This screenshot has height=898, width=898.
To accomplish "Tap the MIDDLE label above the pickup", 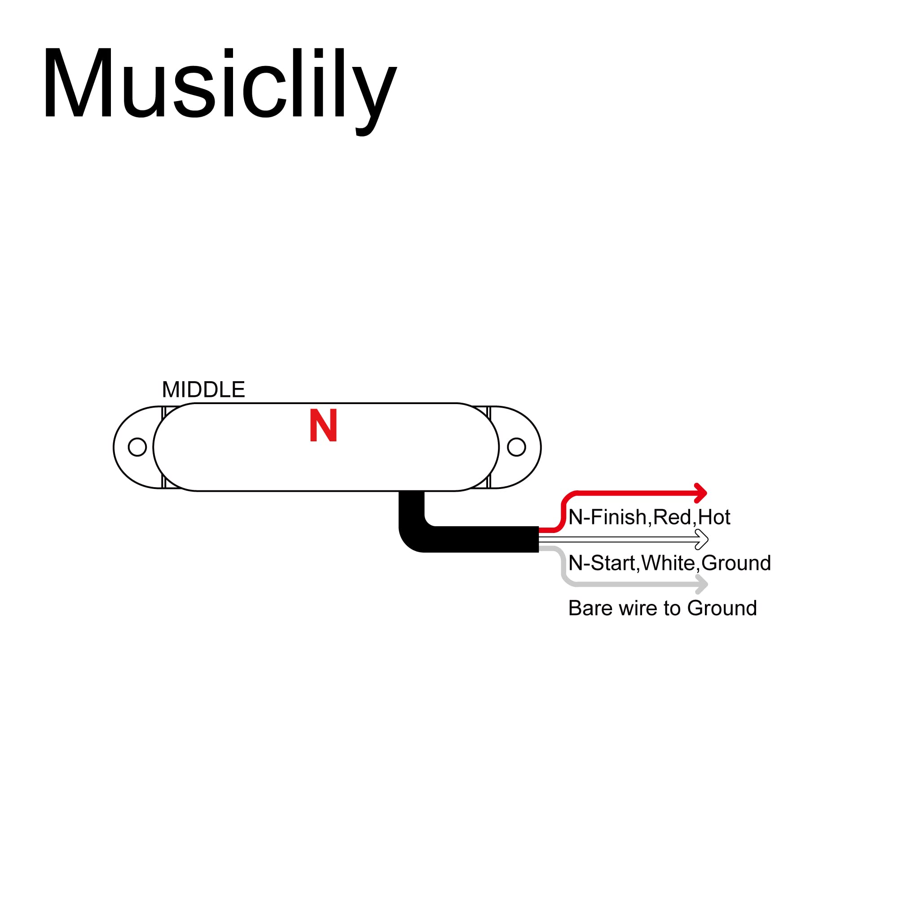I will tap(203, 389).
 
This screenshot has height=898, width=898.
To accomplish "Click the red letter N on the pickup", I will tap(323, 425).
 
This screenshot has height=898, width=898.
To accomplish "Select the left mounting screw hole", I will tap(137, 447).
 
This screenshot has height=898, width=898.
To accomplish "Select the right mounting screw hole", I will tap(516, 447).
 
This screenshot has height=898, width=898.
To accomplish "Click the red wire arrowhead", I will tap(700, 493).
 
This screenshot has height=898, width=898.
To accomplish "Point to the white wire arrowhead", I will tap(702, 540).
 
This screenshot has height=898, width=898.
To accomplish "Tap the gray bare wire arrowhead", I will tap(701, 584).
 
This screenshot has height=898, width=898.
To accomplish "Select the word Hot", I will tap(714, 517).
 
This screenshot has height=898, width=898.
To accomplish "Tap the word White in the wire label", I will tap(669, 563).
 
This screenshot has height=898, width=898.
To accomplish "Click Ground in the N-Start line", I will tap(736, 563).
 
